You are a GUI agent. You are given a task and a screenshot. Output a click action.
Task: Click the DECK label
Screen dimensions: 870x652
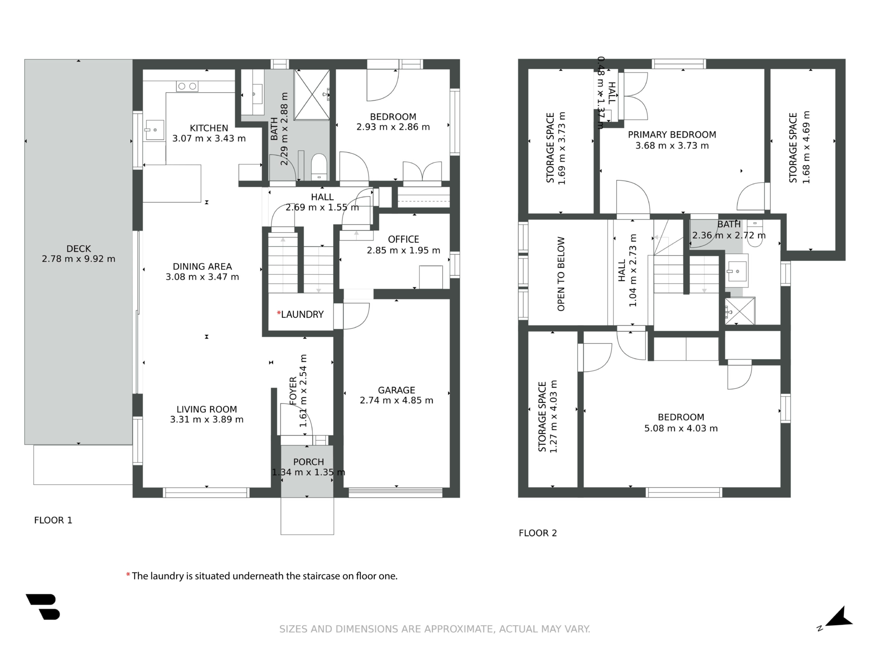pyautogui.click(x=79, y=249)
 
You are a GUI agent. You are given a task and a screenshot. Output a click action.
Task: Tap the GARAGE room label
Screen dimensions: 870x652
pyautogui.click(x=396, y=390)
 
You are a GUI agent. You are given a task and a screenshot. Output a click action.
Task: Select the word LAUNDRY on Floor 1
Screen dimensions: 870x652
pyautogui.click(x=302, y=314)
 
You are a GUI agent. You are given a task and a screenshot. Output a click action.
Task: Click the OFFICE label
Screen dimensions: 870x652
pyautogui.click(x=403, y=239)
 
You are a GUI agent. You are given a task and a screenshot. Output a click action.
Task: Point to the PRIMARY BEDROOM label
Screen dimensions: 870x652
pyautogui.click(x=672, y=134)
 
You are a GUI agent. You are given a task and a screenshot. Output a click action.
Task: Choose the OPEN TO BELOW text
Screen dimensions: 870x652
pyautogui.click(x=561, y=274)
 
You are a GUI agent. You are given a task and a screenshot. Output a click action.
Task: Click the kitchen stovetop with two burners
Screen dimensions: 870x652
pyautogui.click(x=187, y=86)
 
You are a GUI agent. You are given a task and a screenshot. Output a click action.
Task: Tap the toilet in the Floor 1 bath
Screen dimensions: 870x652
pyautogui.click(x=319, y=167)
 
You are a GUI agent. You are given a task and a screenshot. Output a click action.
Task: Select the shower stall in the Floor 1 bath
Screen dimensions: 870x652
pyautogui.click(x=312, y=95)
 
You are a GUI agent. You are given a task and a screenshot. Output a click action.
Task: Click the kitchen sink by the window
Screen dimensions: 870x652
pyautogui.click(x=154, y=130)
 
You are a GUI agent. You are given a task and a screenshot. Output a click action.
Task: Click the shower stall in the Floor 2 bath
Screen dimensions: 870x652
pyautogui.click(x=739, y=311)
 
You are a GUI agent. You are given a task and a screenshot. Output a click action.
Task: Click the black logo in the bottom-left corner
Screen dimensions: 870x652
pyautogui.click(x=43, y=607)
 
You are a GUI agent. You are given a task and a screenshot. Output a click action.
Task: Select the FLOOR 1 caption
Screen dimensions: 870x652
pyautogui.click(x=53, y=520)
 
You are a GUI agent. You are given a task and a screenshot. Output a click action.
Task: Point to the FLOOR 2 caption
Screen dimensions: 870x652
pyautogui.click(x=538, y=533)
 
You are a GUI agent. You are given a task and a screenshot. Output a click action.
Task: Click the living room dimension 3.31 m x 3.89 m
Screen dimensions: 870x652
pyautogui.click(x=207, y=420)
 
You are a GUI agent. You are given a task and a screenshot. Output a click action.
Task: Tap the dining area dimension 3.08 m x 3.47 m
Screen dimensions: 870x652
pyautogui.click(x=202, y=277)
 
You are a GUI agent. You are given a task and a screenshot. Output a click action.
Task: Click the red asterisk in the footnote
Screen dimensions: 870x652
pyautogui.click(x=128, y=575)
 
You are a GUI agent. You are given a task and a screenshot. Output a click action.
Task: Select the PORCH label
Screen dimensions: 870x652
pyautogui.click(x=309, y=462)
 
